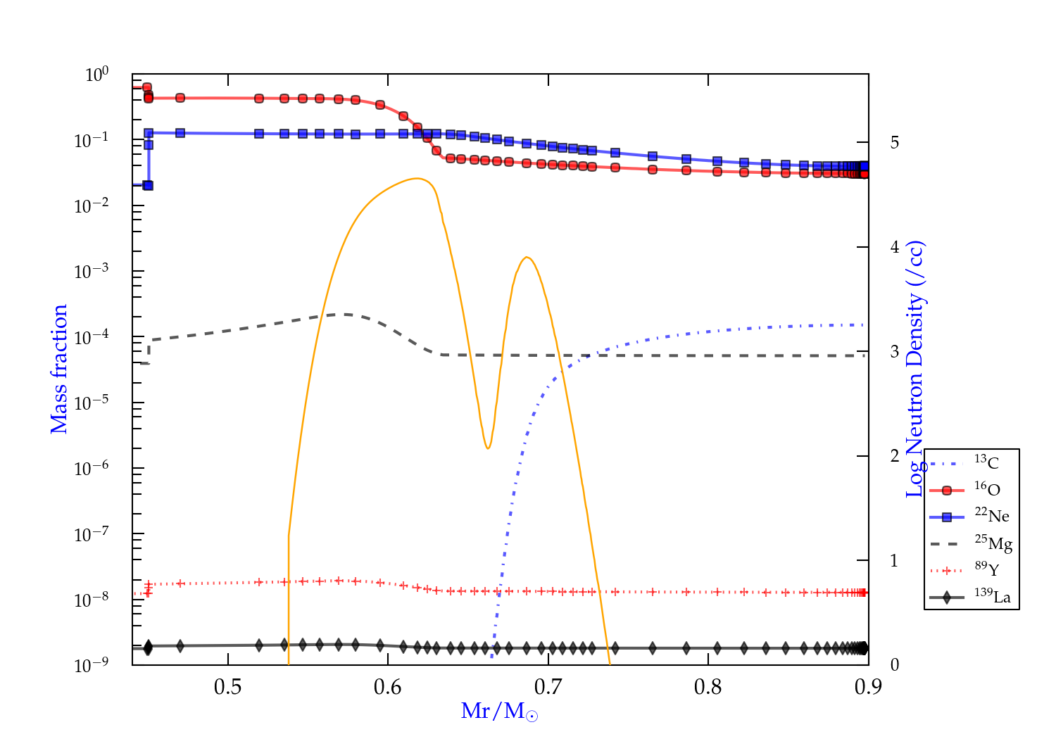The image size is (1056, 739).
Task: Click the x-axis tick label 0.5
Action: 227,687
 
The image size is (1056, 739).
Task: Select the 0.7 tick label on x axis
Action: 548,687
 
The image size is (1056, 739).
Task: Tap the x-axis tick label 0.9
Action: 867,687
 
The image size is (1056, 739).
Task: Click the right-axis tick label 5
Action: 894,143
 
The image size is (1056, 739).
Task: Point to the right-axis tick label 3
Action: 894,352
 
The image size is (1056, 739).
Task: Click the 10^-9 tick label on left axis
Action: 91,665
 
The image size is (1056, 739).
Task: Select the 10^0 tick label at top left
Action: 96,75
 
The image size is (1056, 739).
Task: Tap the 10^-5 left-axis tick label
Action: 91,403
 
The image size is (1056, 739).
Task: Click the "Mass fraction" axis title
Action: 59,369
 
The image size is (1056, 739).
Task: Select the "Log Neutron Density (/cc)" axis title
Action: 915,369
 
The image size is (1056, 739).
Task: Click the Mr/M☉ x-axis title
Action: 499,712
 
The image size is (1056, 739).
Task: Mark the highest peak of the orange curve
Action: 418,179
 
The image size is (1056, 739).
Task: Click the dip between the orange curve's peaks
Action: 487,448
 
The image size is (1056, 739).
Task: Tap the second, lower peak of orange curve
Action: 527,258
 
